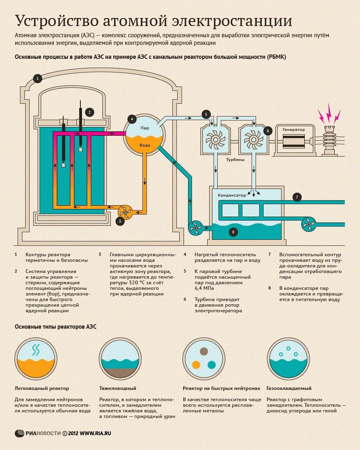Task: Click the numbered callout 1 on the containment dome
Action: [38, 78]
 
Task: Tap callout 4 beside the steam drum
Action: [132, 119]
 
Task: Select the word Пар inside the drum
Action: [144, 128]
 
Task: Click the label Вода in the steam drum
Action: [144, 145]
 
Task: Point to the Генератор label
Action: [293, 130]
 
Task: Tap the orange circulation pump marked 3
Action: [125, 212]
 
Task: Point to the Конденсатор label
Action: [232, 195]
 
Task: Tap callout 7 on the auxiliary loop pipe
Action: [296, 197]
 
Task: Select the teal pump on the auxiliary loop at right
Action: [309, 224]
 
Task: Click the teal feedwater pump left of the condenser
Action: [196, 228]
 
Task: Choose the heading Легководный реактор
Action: [42, 388]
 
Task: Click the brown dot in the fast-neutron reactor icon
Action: [204, 352]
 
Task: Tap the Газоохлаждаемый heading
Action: [289, 388]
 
